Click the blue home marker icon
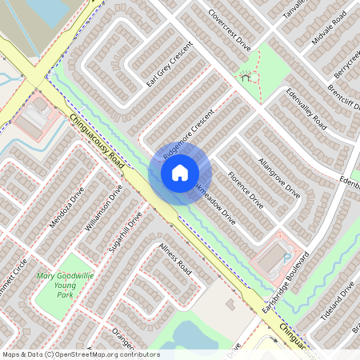click(x=180, y=172)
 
